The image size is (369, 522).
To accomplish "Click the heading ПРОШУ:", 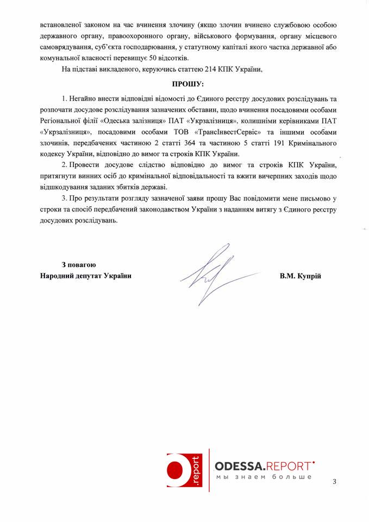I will (188, 84).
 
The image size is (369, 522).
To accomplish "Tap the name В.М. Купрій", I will (301, 276).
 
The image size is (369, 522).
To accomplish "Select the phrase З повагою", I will (79, 265).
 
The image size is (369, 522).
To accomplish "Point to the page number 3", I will (335, 482).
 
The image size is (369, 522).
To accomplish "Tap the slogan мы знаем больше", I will (264, 477).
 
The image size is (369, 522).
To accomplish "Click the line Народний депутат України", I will (86, 276).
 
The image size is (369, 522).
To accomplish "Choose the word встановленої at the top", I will (57, 26).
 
